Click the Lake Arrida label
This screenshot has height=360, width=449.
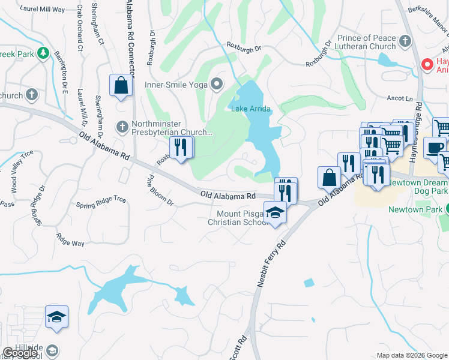251,109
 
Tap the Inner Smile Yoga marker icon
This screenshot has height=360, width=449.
217,84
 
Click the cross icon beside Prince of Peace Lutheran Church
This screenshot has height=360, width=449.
405,41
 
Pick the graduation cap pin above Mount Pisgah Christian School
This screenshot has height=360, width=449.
276,213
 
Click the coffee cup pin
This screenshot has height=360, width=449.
435,148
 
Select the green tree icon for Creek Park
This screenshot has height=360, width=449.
43,53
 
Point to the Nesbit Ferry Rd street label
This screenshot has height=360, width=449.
271,264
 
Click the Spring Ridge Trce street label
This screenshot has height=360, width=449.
101,203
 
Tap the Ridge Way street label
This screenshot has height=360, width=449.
70,240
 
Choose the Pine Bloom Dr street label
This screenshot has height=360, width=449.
160,191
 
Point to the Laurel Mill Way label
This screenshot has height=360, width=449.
42,9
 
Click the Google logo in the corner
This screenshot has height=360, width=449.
20,353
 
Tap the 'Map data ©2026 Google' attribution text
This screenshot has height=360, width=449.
411,355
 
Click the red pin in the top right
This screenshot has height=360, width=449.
427,64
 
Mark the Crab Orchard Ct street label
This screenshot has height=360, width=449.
79,29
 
